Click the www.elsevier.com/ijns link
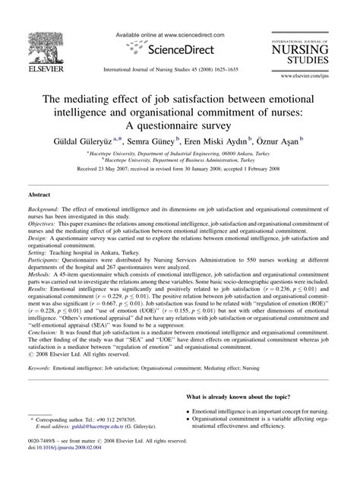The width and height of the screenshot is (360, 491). [319, 77]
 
